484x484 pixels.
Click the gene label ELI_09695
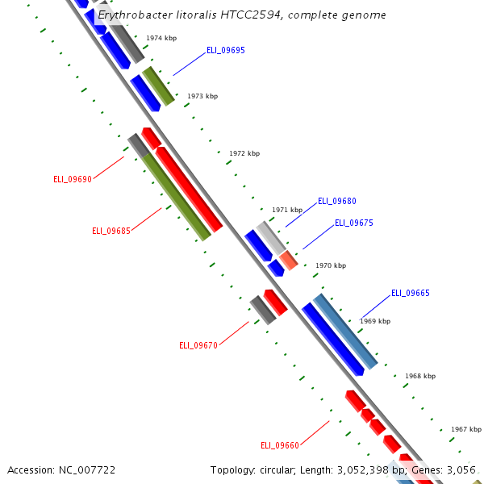(x=226, y=50)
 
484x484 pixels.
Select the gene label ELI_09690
(x=73, y=179)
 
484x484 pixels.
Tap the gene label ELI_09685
(x=111, y=231)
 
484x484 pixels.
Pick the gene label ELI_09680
(x=337, y=201)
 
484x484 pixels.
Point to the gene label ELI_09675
(x=354, y=223)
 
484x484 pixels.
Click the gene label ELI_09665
(x=411, y=293)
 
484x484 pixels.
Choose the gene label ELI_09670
(x=198, y=345)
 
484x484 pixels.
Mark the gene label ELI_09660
(x=280, y=445)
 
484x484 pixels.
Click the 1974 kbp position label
(x=161, y=38)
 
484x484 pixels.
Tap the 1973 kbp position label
(x=202, y=96)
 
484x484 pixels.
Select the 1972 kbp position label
(x=244, y=153)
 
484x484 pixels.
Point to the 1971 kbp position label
(x=287, y=210)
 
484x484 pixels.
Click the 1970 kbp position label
(x=331, y=265)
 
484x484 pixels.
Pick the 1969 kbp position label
(x=375, y=321)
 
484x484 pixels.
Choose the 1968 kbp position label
(x=420, y=376)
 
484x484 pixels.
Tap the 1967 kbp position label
(x=466, y=429)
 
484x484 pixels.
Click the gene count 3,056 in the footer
(x=461, y=469)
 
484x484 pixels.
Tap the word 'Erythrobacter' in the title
(x=133, y=15)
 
